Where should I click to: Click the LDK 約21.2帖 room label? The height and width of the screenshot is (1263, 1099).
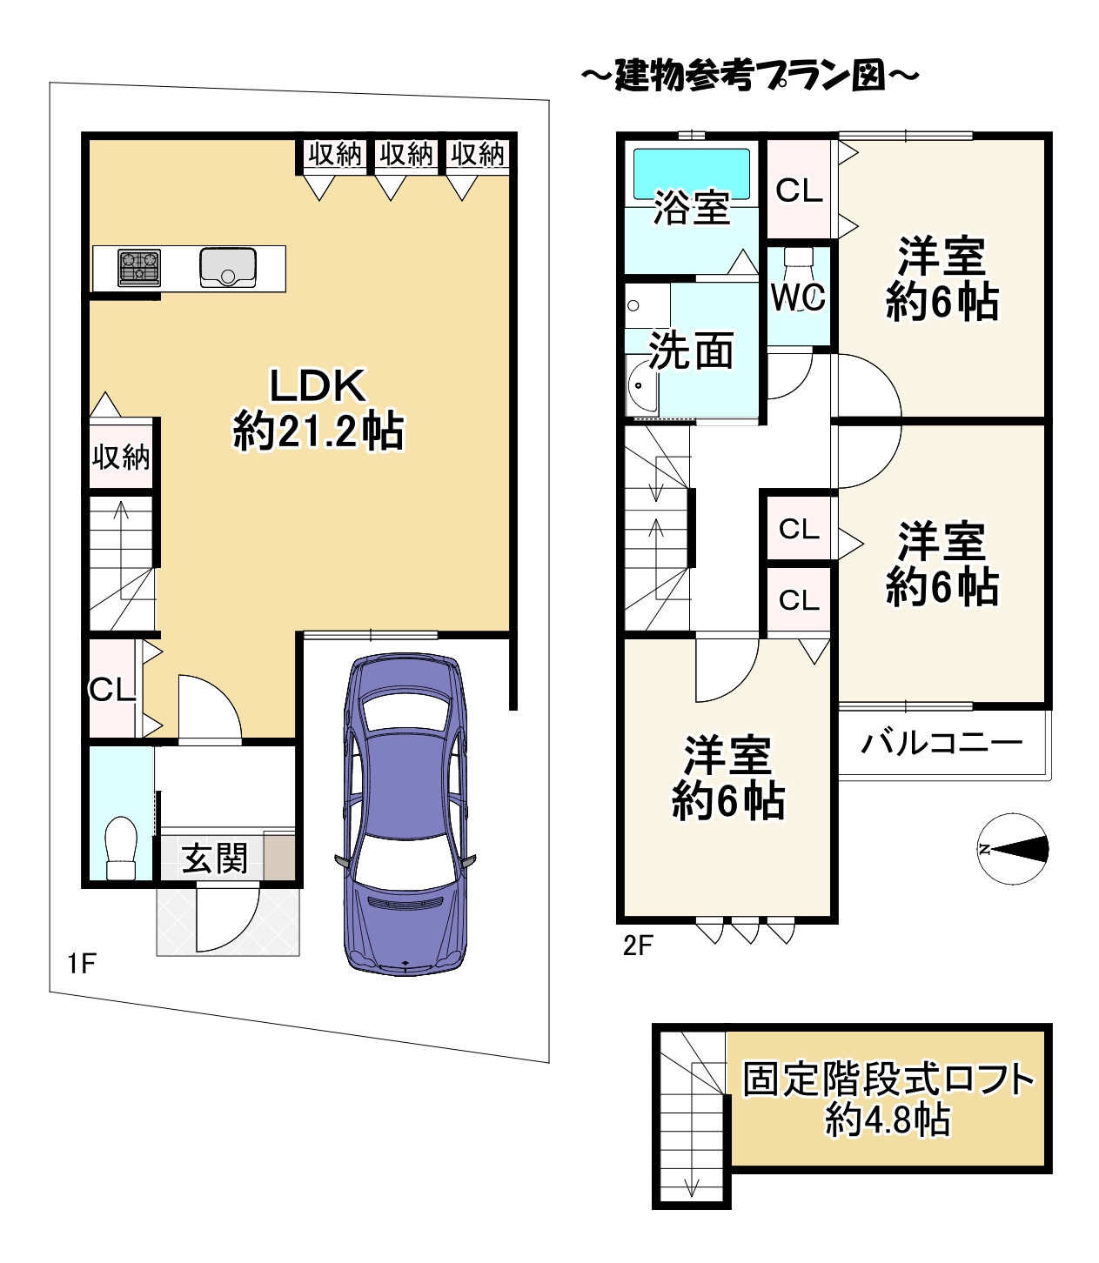[318, 409]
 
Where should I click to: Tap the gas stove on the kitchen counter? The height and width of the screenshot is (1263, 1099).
[139, 268]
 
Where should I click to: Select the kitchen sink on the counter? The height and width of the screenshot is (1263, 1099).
[228, 267]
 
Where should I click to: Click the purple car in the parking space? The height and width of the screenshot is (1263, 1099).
[405, 813]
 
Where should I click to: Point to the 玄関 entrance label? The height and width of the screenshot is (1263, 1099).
[214, 859]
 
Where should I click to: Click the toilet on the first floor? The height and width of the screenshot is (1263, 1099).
[120, 848]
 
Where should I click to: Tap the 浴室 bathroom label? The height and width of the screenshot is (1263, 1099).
[691, 208]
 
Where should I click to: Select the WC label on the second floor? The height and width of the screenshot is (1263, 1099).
[798, 297]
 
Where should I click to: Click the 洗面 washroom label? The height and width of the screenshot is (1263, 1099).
[691, 351]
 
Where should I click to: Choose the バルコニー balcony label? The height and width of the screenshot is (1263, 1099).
[942, 743]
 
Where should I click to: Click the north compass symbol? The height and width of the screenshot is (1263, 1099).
[1012, 849]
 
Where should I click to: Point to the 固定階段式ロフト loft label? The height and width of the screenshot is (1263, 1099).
[888, 1099]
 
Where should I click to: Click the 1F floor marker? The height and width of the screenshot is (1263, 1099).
[81, 963]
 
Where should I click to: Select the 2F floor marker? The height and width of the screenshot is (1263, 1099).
[637, 946]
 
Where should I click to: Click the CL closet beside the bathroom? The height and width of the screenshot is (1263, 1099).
[799, 190]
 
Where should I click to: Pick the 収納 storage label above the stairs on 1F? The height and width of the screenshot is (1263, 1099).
[121, 456]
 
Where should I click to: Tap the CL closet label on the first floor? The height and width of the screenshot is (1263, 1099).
[112, 690]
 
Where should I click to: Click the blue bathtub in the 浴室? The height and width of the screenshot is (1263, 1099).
[691, 171]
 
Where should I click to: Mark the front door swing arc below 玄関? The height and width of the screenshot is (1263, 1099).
[228, 919]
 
